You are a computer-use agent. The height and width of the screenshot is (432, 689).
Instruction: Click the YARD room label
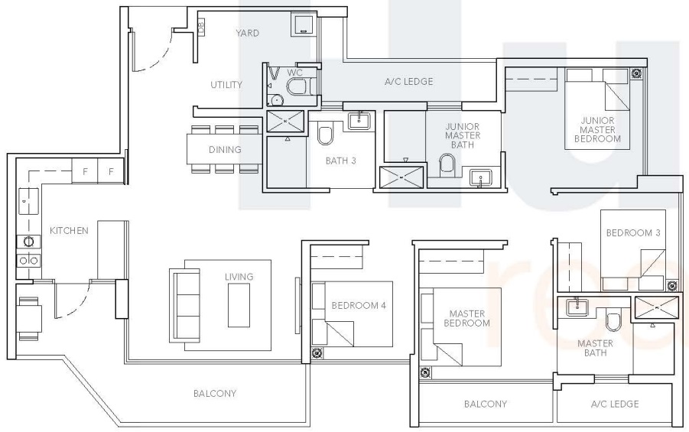tap(247, 33)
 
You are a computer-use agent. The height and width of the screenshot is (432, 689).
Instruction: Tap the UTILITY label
tap(226, 85)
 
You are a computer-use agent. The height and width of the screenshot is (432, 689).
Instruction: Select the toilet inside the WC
tap(295, 86)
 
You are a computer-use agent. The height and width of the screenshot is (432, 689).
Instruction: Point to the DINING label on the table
tap(225, 150)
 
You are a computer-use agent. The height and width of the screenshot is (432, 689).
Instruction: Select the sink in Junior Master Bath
tap(481, 177)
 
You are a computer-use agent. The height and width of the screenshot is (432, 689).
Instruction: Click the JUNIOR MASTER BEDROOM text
tap(599, 129)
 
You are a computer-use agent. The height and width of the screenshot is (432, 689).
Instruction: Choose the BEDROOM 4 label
tap(358, 306)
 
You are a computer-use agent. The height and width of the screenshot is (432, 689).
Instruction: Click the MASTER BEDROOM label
tap(468, 318)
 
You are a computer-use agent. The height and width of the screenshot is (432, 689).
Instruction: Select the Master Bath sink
tap(577, 307)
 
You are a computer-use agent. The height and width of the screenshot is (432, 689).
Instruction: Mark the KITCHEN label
tap(70, 230)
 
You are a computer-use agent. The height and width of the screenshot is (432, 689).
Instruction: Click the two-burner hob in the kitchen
tap(28, 260)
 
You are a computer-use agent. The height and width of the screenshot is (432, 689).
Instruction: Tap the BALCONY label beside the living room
tap(214, 394)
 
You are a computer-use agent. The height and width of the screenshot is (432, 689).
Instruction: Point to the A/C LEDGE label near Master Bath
tap(614, 404)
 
